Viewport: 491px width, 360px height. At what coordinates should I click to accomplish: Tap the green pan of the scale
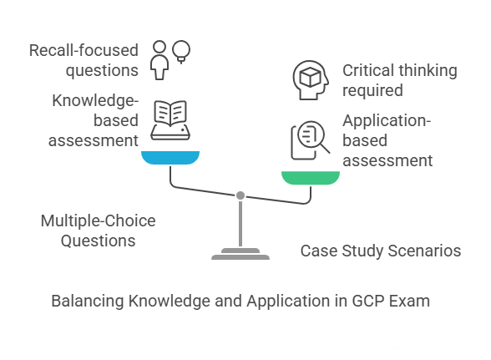pos(311,176)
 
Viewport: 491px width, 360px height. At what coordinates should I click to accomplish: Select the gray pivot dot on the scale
pos(240,195)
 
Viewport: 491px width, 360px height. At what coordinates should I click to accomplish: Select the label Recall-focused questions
pos(83,61)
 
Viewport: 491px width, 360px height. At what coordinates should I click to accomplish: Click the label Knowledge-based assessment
pos(93,120)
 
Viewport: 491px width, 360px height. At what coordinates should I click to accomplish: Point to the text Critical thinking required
pos(399,80)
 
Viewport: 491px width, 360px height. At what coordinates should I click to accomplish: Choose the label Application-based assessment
pos(387,140)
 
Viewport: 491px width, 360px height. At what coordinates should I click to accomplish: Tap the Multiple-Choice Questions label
pos(99,231)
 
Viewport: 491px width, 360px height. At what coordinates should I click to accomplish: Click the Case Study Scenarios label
pos(381,251)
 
